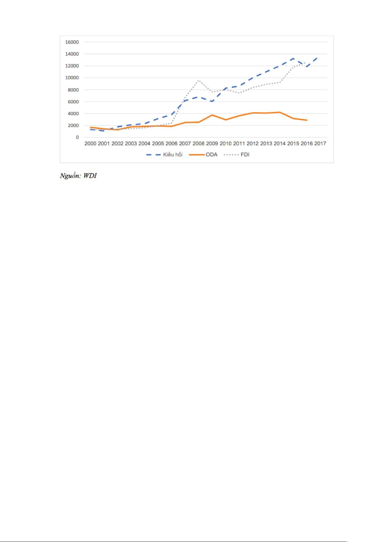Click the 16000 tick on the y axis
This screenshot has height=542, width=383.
(x=72, y=42)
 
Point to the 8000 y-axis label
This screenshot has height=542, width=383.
(x=73, y=90)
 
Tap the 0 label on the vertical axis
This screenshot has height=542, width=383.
(x=77, y=137)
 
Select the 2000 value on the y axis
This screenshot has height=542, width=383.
(x=73, y=125)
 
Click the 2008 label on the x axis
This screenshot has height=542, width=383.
(x=198, y=143)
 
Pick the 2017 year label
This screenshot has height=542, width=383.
(x=320, y=143)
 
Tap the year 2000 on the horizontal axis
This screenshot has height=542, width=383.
(x=90, y=143)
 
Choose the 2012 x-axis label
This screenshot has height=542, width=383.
(x=253, y=143)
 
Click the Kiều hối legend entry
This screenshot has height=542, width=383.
(x=173, y=155)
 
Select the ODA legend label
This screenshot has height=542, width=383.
(x=211, y=155)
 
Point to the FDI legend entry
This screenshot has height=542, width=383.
(x=245, y=155)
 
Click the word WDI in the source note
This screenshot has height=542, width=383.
(x=90, y=176)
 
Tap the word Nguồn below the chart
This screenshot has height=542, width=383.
(x=70, y=176)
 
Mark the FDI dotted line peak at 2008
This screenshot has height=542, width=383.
(x=198, y=80)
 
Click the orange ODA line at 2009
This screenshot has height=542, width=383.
(x=212, y=115)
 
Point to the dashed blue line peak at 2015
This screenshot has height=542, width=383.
(x=293, y=59)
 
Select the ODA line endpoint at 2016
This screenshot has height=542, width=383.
(x=307, y=120)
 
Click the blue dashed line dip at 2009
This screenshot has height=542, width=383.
(x=212, y=102)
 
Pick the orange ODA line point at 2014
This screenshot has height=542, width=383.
(x=280, y=112)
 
